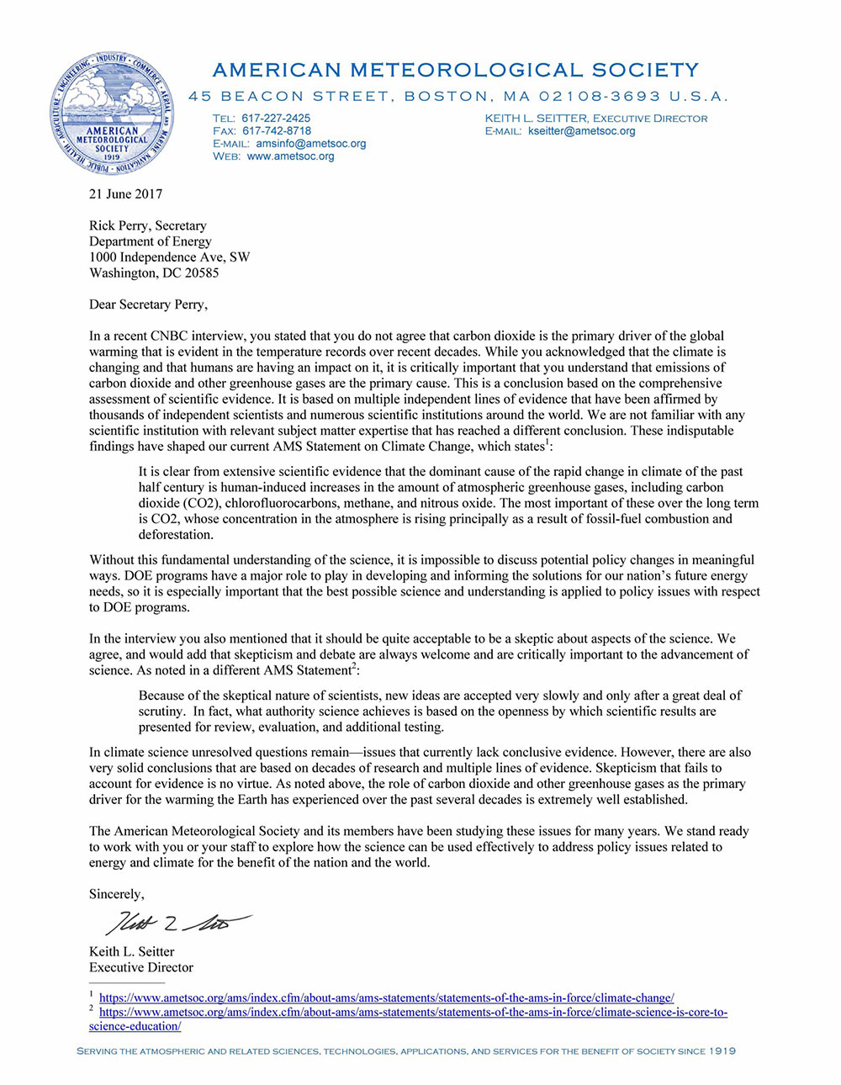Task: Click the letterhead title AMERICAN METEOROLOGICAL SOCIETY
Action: [x=455, y=70]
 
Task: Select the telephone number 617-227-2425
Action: [x=276, y=119]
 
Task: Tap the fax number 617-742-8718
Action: [x=277, y=131]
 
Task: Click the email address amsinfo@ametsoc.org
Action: [x=311, y=144]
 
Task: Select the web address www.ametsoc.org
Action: [x=290, y=156]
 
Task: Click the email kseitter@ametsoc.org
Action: [x=581, y=131]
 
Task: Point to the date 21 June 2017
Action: [x=125, y=194]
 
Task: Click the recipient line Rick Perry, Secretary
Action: [x=147, y=225]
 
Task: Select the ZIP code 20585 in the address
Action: [x=201, y=273]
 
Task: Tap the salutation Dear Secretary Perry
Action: [x=148, y=304]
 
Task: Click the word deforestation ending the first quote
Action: [x=176, y=534]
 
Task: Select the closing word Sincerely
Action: [x=116, y=894]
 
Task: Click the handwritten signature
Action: [x=177, y=923]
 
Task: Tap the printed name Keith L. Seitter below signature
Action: [x=132, y=951]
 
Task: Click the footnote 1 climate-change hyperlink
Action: [x=386, y=998]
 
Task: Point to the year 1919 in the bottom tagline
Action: [x=722, y=1051]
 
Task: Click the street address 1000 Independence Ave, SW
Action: [x=169, y=257]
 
